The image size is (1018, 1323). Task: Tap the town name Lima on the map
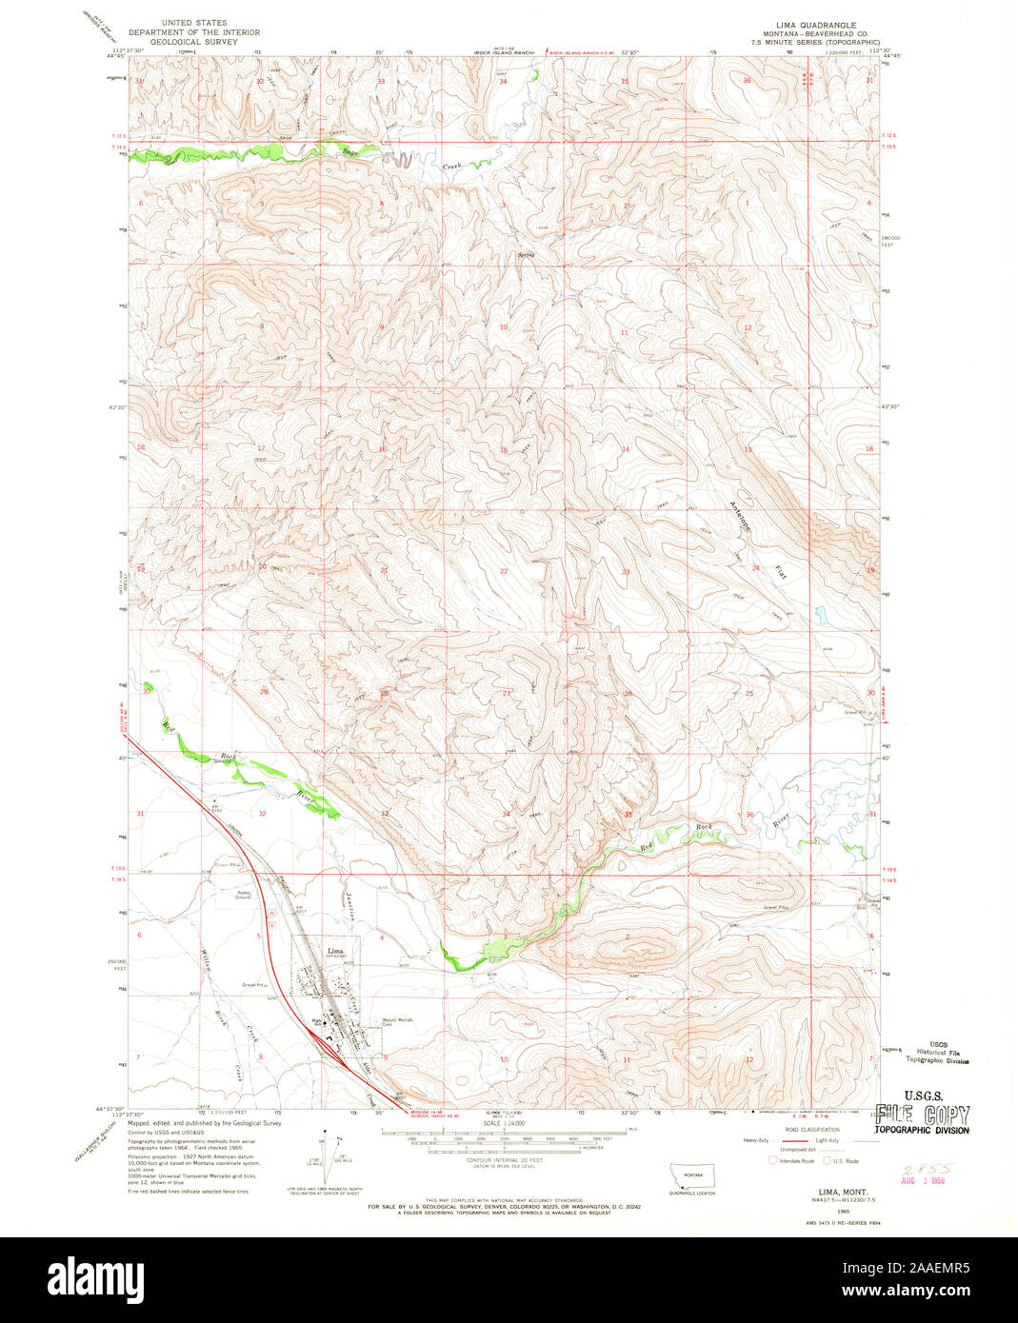[334, 950]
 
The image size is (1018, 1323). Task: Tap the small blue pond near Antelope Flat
[819, 611]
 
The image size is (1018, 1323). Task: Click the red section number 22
[504, 571]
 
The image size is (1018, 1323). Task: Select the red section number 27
[506, 693]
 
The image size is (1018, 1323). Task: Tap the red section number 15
[504, 449]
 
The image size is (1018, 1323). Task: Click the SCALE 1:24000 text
[505, 1124]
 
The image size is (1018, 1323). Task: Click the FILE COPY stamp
[922, 1116]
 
